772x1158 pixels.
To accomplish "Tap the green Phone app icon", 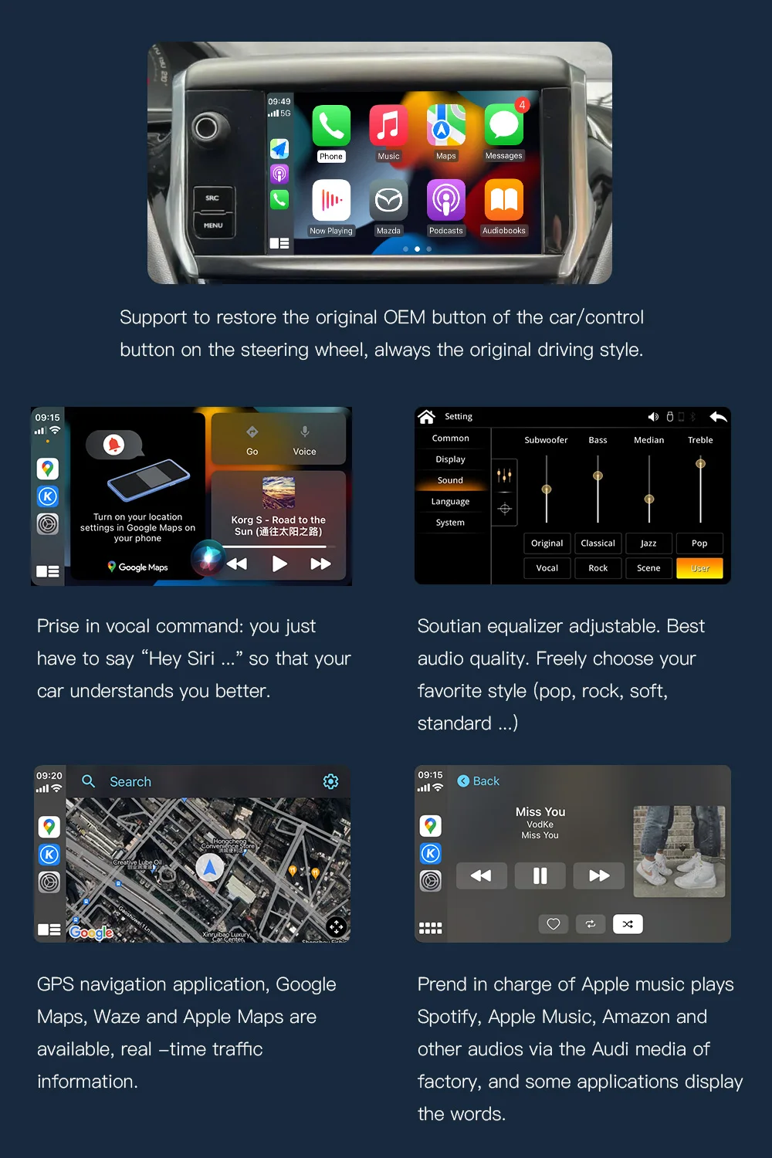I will pos(331,126).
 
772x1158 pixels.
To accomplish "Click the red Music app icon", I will pos(388,126).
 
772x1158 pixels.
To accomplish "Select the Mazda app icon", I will pos(388,201).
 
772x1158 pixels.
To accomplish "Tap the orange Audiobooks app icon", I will pos(503,201).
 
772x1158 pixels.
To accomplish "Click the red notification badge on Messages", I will pos(523,105).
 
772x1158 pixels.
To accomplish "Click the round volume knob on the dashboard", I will pos(207,127).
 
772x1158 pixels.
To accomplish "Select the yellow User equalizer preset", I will pos(699,568).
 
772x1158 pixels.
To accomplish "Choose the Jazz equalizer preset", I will pos(648,543).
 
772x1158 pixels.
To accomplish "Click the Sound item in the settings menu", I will pos(450,480).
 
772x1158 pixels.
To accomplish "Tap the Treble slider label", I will pos(700,440).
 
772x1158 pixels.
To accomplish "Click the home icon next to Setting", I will pos(427,417).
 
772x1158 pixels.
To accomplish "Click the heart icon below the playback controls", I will pos(554,924).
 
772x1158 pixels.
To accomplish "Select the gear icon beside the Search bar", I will pos(330,781).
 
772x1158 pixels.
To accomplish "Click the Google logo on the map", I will pos(91,933).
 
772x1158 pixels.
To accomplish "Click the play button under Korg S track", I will pos(279,564).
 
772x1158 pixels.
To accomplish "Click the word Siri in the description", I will pos(201,659).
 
